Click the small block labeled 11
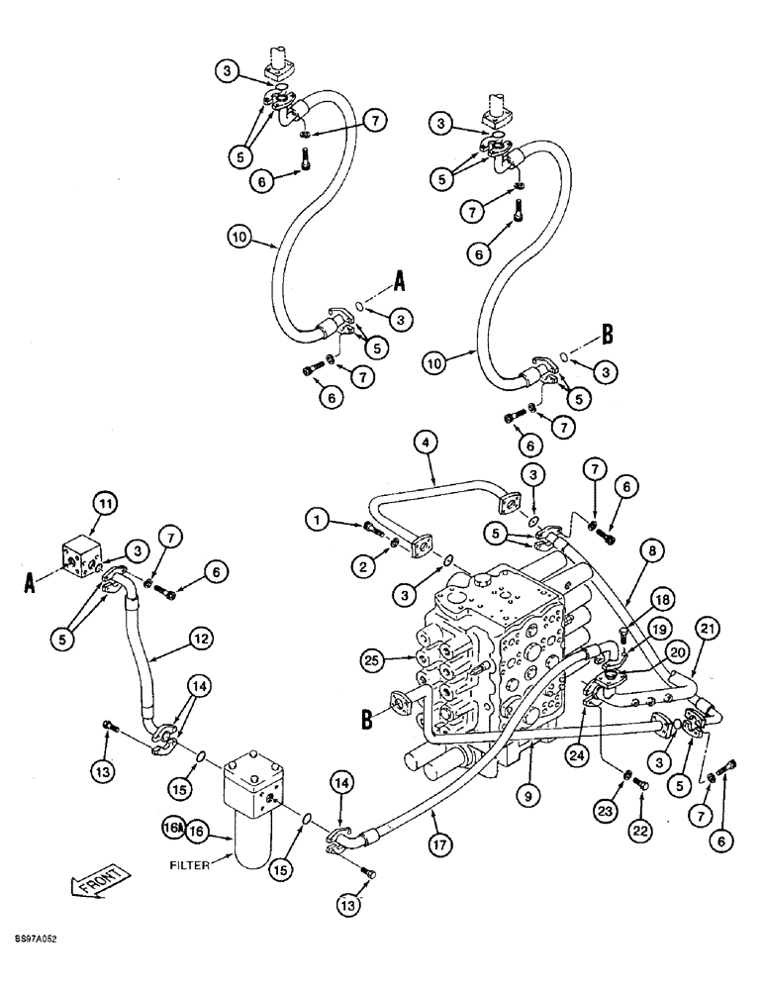point(82,553)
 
